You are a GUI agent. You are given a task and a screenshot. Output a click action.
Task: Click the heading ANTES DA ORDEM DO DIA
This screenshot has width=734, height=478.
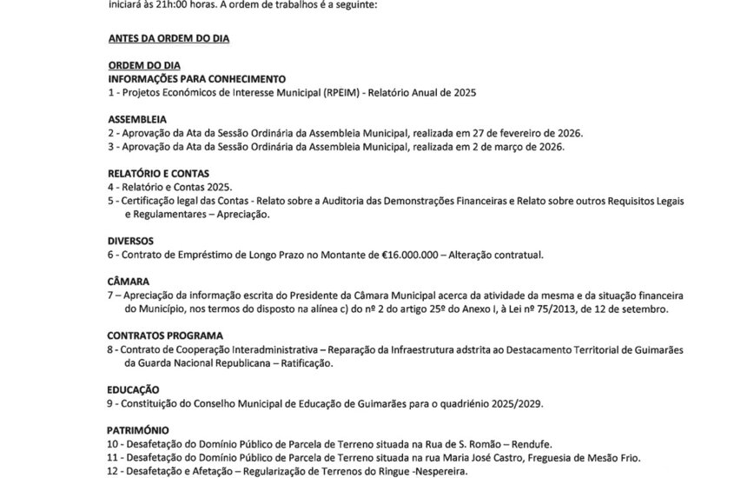coord(169,40)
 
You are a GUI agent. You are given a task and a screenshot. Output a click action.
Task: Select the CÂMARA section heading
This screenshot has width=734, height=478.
coord(129,282)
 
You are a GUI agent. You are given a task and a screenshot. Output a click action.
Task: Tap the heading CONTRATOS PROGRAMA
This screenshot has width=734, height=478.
coord(165,335)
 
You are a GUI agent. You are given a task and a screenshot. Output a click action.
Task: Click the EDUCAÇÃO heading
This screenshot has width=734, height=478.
coord(134,390)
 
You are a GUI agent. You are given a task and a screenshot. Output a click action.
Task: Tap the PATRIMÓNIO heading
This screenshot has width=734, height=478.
coord(139,430)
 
